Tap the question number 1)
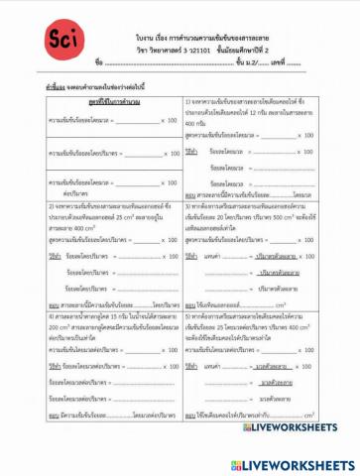tap(187, 102)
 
